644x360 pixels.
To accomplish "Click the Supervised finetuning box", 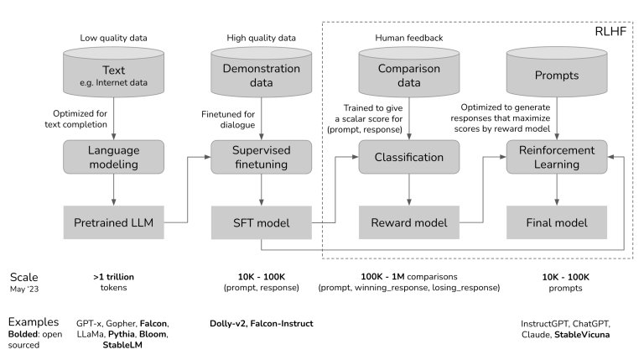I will click(260, 156).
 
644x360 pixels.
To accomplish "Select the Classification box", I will click(409, 156).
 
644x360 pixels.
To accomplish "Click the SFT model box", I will click(260, 223).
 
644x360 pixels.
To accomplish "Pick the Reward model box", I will click(409, 223).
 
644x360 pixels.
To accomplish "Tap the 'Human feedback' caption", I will click(408, 38).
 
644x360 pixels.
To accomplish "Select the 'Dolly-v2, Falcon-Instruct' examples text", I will click(267, 322).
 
